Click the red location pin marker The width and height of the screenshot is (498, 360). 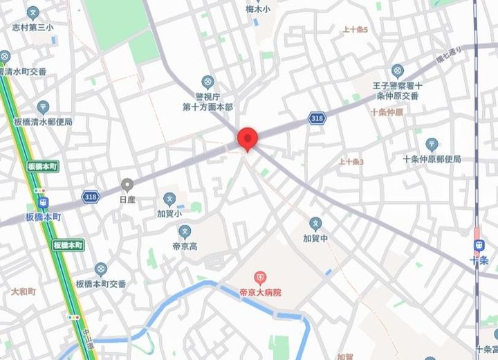[x=248, y=138]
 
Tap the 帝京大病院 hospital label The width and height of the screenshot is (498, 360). [x=260, y=293]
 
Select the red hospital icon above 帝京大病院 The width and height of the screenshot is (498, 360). [x=260, y=279]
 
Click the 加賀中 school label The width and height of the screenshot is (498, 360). [x=315, y=237]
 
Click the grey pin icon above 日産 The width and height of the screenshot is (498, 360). [x=127, y=185]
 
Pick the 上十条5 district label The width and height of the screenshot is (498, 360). [x=356, y=30]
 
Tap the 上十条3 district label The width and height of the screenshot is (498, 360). [x=351, y=161]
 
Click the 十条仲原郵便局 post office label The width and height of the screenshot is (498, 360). [x=432, y=159]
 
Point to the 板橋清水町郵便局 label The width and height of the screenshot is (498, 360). [x=43, y=121]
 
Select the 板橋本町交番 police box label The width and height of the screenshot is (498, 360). [x=101, y=283]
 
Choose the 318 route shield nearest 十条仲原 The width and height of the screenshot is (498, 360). [x=317, y=118]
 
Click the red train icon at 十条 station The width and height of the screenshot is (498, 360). [x=478, y=245]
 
